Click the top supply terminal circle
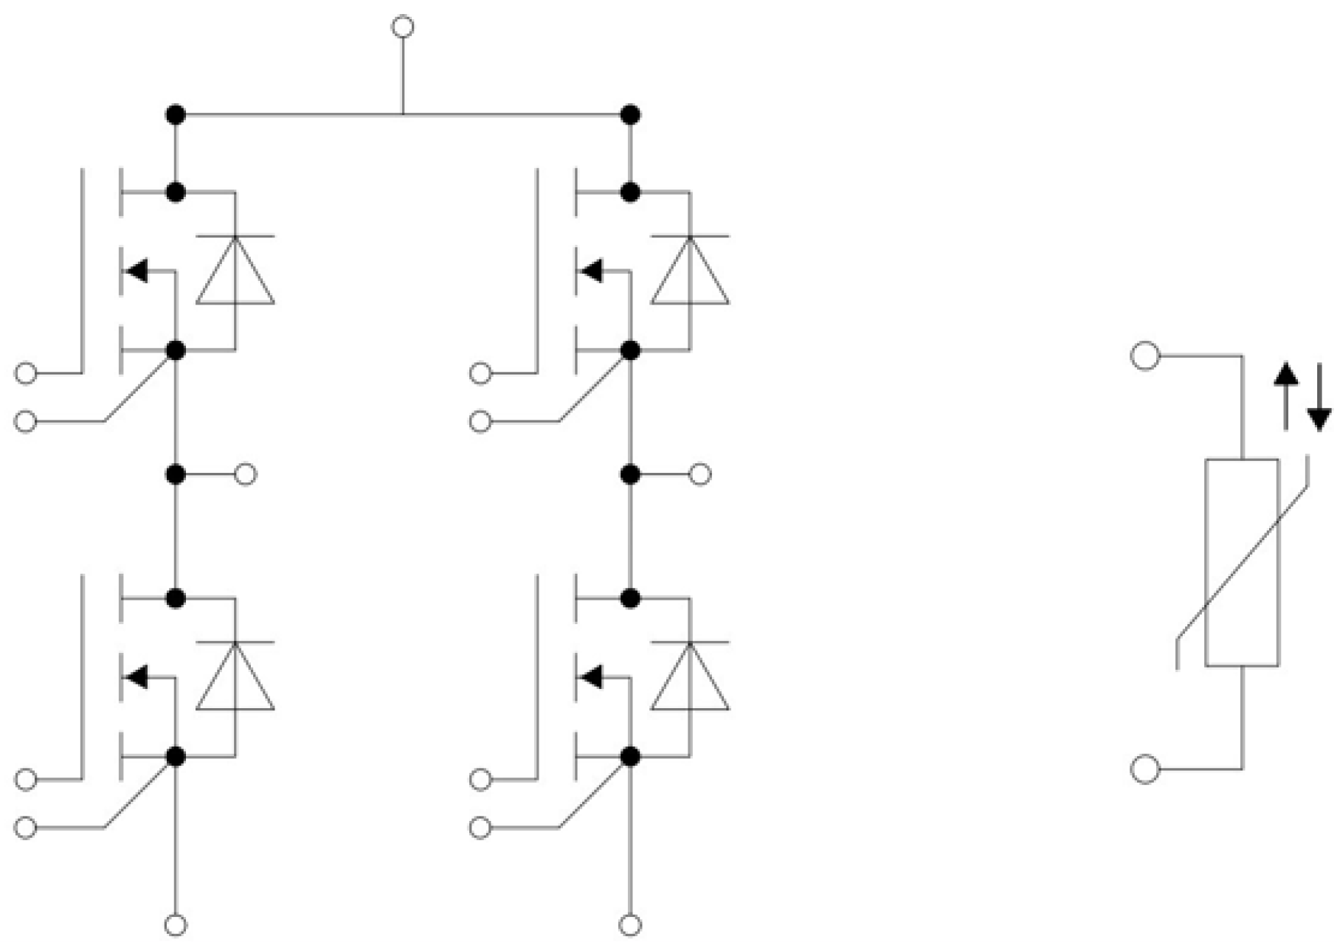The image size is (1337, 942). tap(402, 27)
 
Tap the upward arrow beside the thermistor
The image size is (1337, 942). tap(1286, 395)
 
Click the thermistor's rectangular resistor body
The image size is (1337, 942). tap(1242, 563)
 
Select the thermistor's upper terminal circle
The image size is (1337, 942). tap(1144, 356)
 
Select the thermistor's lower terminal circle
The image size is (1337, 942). tap(1144, 769)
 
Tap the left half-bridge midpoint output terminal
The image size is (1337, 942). tap(246, 474)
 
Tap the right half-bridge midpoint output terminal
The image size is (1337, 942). tap(700, 474)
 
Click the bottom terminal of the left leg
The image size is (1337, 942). tap(176, 924)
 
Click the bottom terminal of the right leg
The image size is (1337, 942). tap(630, 924)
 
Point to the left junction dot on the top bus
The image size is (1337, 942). tap(176, 115)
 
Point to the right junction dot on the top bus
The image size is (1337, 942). tap(630, 115)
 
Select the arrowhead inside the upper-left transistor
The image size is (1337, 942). tap(137, 271)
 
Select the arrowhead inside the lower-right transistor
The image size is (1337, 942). tap(592, 676)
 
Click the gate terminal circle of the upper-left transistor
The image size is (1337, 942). tap(26, 373)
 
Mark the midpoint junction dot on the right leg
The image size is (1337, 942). tap(630, 474)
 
